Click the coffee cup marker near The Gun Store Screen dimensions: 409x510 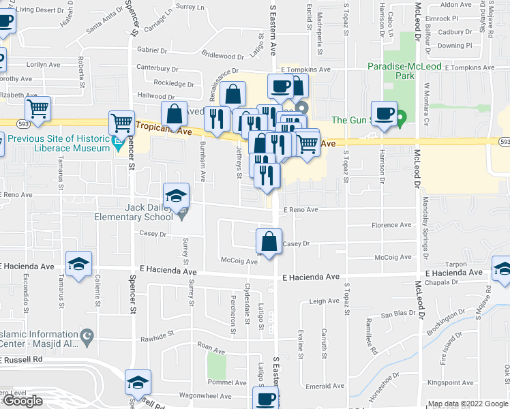click(x=384, y=114)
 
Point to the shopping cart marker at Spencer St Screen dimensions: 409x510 click(x=121, y=123)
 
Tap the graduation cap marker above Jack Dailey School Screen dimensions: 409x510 click(x=176, y=196)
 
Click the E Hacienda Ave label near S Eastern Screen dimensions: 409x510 click(x=311, y=277)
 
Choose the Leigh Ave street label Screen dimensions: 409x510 click(x=324, y=301)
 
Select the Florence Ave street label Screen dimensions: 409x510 click(x=391, y=225)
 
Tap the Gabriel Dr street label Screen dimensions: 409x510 click(x=151, y=50)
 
